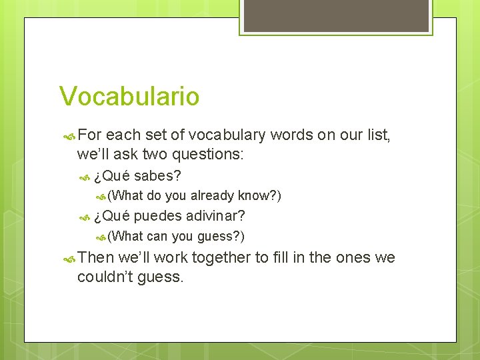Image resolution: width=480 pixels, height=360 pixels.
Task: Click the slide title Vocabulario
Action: click(x=129, y=96)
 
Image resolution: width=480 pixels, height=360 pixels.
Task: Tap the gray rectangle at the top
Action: click(x=336, y=16)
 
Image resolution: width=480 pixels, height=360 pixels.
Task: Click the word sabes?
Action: click(x=158, y=176)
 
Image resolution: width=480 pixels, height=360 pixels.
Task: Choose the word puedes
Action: click(x=158, y=216)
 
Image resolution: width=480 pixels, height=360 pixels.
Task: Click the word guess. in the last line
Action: click(x=159, y=276)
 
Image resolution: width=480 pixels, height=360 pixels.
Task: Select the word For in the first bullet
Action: click(x=91, y=136)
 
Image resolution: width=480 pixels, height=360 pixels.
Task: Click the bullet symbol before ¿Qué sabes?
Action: click(x=85, y=177)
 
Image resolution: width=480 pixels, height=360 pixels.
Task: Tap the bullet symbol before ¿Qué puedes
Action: click(x=85, y=217)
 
